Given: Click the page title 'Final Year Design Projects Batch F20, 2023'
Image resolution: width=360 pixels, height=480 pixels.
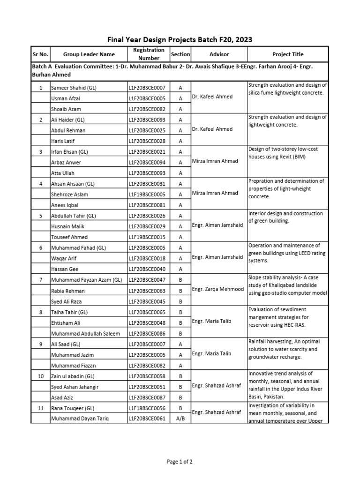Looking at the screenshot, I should tap(180, 40).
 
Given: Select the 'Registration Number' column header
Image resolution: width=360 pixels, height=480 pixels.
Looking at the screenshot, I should tap(149, 54).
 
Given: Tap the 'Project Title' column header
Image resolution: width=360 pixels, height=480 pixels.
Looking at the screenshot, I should tap(288, 54).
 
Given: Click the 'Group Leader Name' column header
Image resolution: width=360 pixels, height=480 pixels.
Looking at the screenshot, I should tap(89, 54).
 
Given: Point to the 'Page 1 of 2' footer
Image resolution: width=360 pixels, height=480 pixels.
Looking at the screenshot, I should tap(180, 462).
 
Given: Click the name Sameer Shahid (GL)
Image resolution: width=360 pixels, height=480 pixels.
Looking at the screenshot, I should tap(74, 88).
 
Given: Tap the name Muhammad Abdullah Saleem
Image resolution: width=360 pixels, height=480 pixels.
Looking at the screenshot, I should tap(85, 333).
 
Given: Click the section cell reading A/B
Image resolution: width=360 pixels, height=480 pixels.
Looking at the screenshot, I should tap(180, 419).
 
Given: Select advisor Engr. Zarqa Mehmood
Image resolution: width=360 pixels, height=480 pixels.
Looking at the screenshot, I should tap(217, 290).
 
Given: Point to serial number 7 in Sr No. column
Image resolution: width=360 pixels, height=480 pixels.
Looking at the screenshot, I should tap(40, 280).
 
